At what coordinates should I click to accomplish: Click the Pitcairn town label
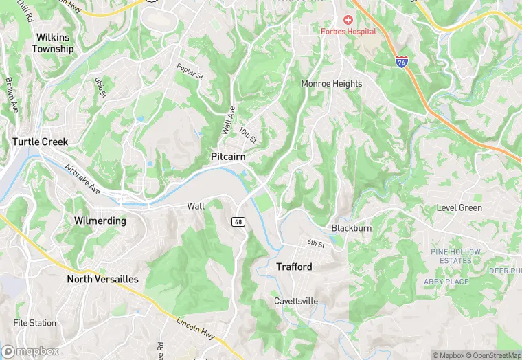coord(228,157)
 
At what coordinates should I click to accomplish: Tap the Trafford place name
coord(294,267)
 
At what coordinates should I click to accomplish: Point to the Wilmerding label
coord(100,221)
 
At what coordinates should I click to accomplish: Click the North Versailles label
coord(102,279)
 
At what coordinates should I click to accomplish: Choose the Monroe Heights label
coord(331,84)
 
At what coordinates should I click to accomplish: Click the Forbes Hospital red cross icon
coord(348,20)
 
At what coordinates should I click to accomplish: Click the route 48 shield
coord(238,221)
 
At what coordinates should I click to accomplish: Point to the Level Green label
coord(459,207)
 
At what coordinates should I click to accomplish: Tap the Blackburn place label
coord(352,228)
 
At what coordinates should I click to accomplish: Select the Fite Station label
coord(34,323)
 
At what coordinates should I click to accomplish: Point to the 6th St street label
coord(315,244)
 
